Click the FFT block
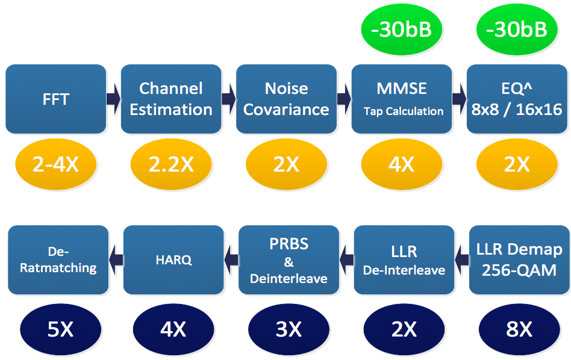pos(56,99)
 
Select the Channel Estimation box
pos(171,99)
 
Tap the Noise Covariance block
pos(286,99)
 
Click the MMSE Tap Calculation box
pos(402,99)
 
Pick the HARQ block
pos(173,260)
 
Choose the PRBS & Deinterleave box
pos(289,260)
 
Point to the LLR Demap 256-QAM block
pos(519,260)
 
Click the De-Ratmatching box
pos(58,260)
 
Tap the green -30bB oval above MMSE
pos(402,29)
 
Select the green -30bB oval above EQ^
pos(517,29)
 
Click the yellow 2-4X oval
pos(56,164)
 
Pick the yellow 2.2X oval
pos(171,164)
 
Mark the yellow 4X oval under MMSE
pos(402,164)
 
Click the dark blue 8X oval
pos(519,329)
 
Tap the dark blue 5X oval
pos(60,329)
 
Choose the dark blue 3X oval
pos(289,329)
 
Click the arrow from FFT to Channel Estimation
pos(114,99)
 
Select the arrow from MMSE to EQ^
pos(459,99)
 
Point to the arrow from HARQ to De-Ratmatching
pos(116,260)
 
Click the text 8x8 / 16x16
pos(517,110)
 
